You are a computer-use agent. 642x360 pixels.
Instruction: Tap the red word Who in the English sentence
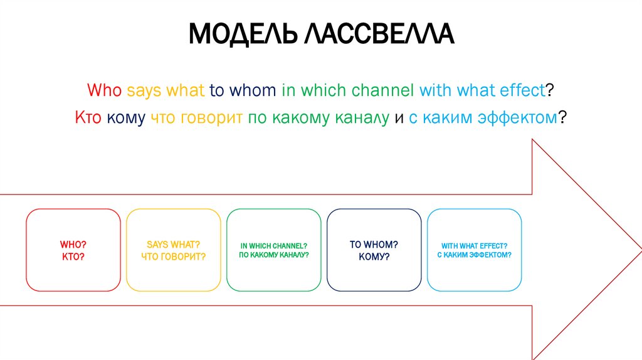tap(105, 90)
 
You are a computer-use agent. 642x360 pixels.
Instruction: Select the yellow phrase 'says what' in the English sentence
tap(166, 90)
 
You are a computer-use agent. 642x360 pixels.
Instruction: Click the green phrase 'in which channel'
tap(347, 90)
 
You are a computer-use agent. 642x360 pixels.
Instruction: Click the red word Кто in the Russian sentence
tap(88, 117)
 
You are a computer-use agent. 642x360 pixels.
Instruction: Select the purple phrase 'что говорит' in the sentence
tap(197, 117)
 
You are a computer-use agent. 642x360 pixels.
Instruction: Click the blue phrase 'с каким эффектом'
tap(483, 117)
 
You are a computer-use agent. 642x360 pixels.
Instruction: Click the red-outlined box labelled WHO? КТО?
tap(73, 250)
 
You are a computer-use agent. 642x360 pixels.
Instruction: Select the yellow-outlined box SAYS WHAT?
tap(173, 250)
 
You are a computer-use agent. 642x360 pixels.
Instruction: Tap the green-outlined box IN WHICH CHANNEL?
tap(273, 250)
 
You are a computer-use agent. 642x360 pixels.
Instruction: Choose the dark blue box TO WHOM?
tap(374, 250)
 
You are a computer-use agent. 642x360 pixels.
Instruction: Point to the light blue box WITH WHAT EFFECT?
tap(474, 250)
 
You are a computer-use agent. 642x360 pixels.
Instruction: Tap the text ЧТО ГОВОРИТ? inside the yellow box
tap(173, 257)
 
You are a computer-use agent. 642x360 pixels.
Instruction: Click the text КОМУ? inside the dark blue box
tap(374, 257)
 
